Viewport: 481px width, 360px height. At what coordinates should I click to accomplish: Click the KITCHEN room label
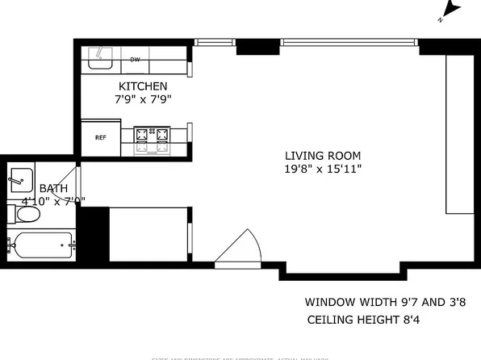coord(143,86)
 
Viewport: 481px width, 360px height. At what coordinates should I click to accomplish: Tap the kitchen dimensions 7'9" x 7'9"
coord(143,99)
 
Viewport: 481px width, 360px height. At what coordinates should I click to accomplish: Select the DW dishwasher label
coord(136,59)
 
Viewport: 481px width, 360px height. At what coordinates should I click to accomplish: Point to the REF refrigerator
coord(101,138)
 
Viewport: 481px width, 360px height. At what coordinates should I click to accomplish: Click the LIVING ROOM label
coord(322,156)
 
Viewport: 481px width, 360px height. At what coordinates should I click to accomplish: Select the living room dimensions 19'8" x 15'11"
coord(322,170)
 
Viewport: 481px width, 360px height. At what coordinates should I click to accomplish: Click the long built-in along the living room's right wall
coord(459,134)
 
